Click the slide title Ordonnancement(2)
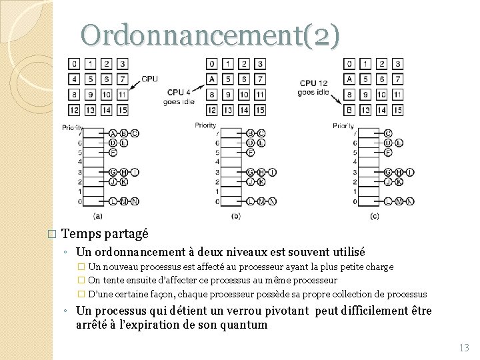pos(210,35)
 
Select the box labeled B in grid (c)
pos(349,109)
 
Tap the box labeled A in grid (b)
pos(212,79)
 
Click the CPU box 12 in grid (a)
pos(74,109)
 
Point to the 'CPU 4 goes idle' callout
pos(179,97)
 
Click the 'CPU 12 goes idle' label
pos(313,88)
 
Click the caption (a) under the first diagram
pos(98,215)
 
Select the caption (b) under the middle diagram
pos(236,215)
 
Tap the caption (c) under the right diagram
pos(374,215)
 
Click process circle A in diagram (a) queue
pos(112,133)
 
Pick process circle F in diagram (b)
pos(250,152)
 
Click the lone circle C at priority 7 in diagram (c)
pos(388,133)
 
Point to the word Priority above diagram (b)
pos(206,125)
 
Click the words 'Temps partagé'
pos(105,234)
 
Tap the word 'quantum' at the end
pos(243,325)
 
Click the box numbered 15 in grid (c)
pos(397,109)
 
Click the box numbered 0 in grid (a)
pos(74,64)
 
